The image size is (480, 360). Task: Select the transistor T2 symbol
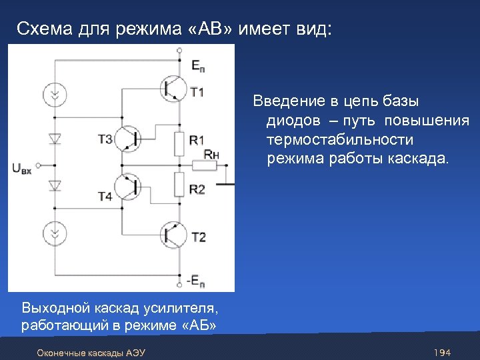[x=173, y=235]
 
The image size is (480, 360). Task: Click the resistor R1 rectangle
[x=179, y=141]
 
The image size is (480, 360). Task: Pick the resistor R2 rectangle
[x=179, y=185]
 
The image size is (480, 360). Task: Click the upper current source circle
[x=55, y=95]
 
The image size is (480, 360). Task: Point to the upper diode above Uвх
[x=55, y=139]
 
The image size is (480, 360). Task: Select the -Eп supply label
[x=195, y=280]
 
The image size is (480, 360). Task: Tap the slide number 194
[x=442, y=351]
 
